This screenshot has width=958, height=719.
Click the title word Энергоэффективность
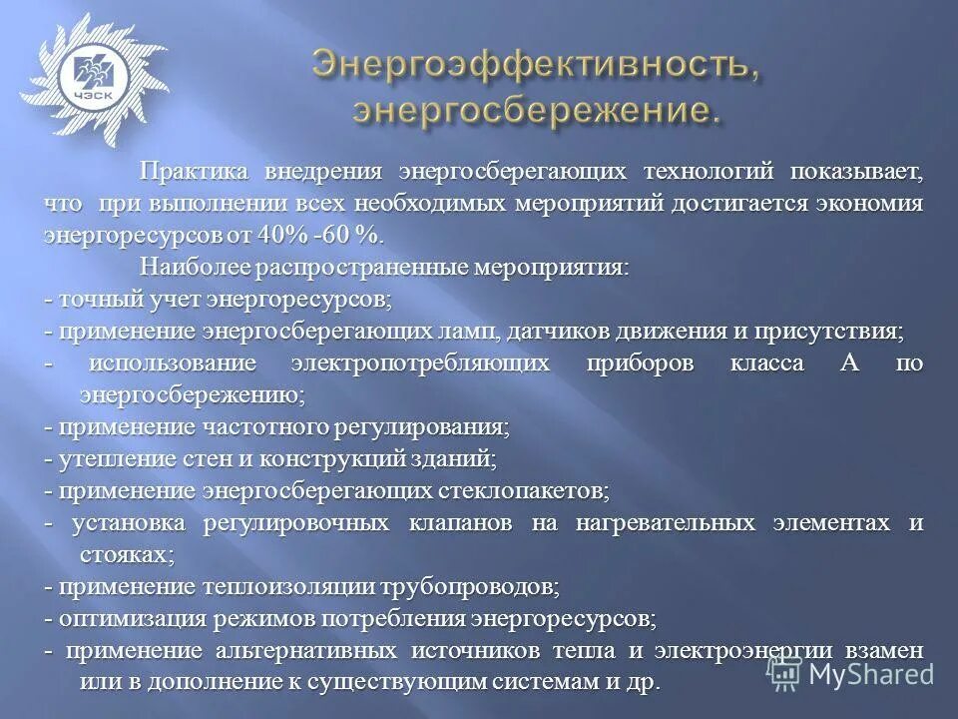(x=528, y=65)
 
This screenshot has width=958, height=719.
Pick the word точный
(x=92, y=299)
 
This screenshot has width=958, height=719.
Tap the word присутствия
(x=842, y=331)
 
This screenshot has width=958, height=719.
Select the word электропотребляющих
(x=420, y=362)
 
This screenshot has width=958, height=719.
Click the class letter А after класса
(x=849, y=362)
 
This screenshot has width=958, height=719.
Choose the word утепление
(x=107, y=458)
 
